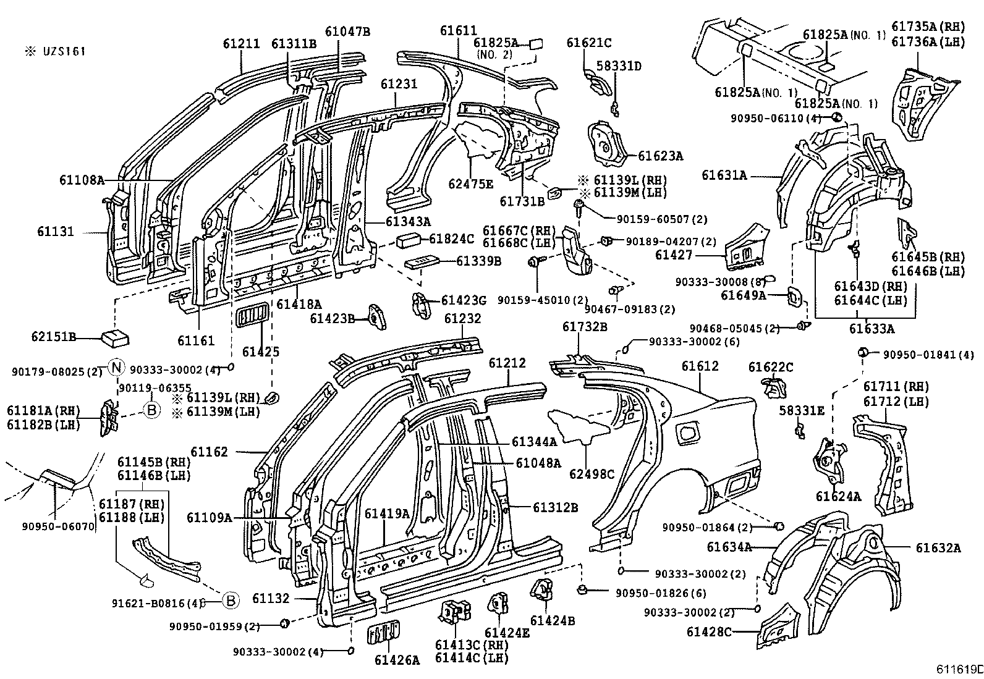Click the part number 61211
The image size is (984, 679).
click(242, 43)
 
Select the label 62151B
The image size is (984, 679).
click(53, 337)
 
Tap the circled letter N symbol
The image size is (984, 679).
click(116, 368)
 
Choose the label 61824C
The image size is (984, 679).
click(451, 238)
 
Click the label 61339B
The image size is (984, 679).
click(478, 261)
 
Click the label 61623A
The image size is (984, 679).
click(660, 156)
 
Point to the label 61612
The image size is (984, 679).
click(700, 366)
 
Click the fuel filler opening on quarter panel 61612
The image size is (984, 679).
click(688, 432)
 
